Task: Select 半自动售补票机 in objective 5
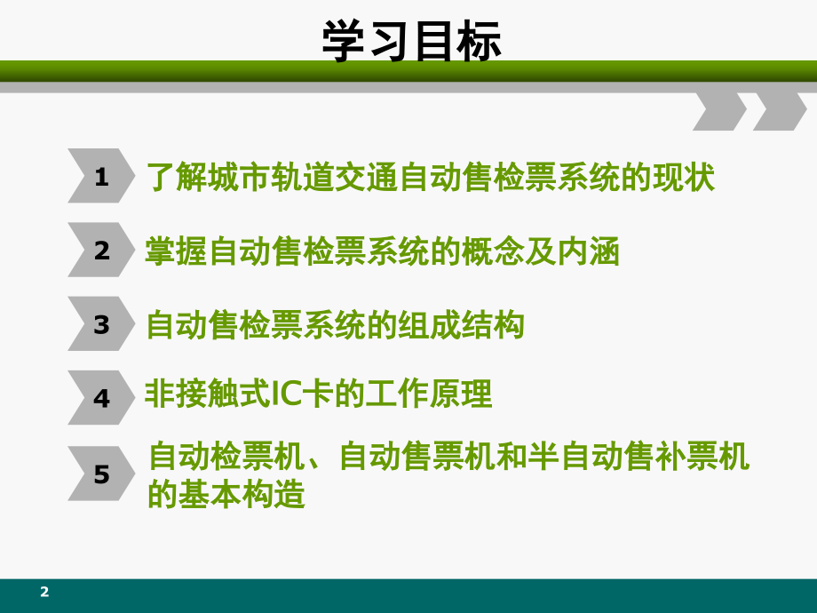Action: [x=654, y=458]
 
